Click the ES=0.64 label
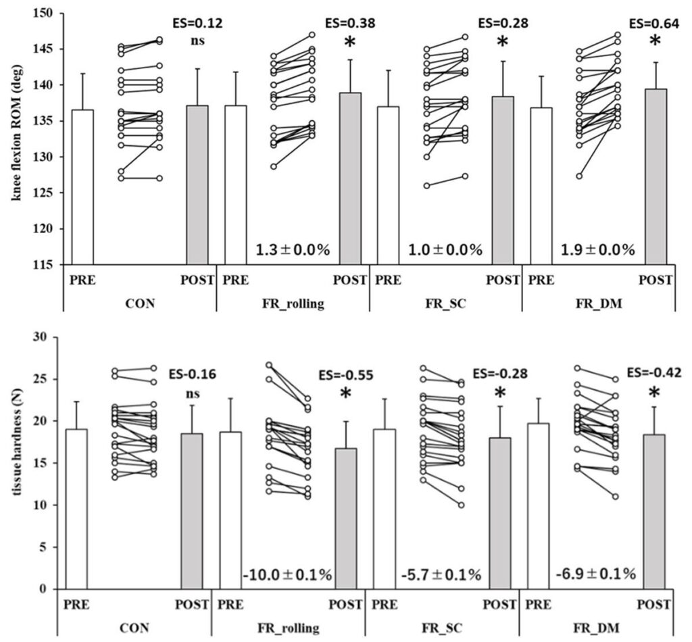tap(654, 24)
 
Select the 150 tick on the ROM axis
tap(48, 14)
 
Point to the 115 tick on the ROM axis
tap(48, 264)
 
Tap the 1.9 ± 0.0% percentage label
tap(598, 250)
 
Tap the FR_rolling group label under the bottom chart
tap(289, 628)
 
